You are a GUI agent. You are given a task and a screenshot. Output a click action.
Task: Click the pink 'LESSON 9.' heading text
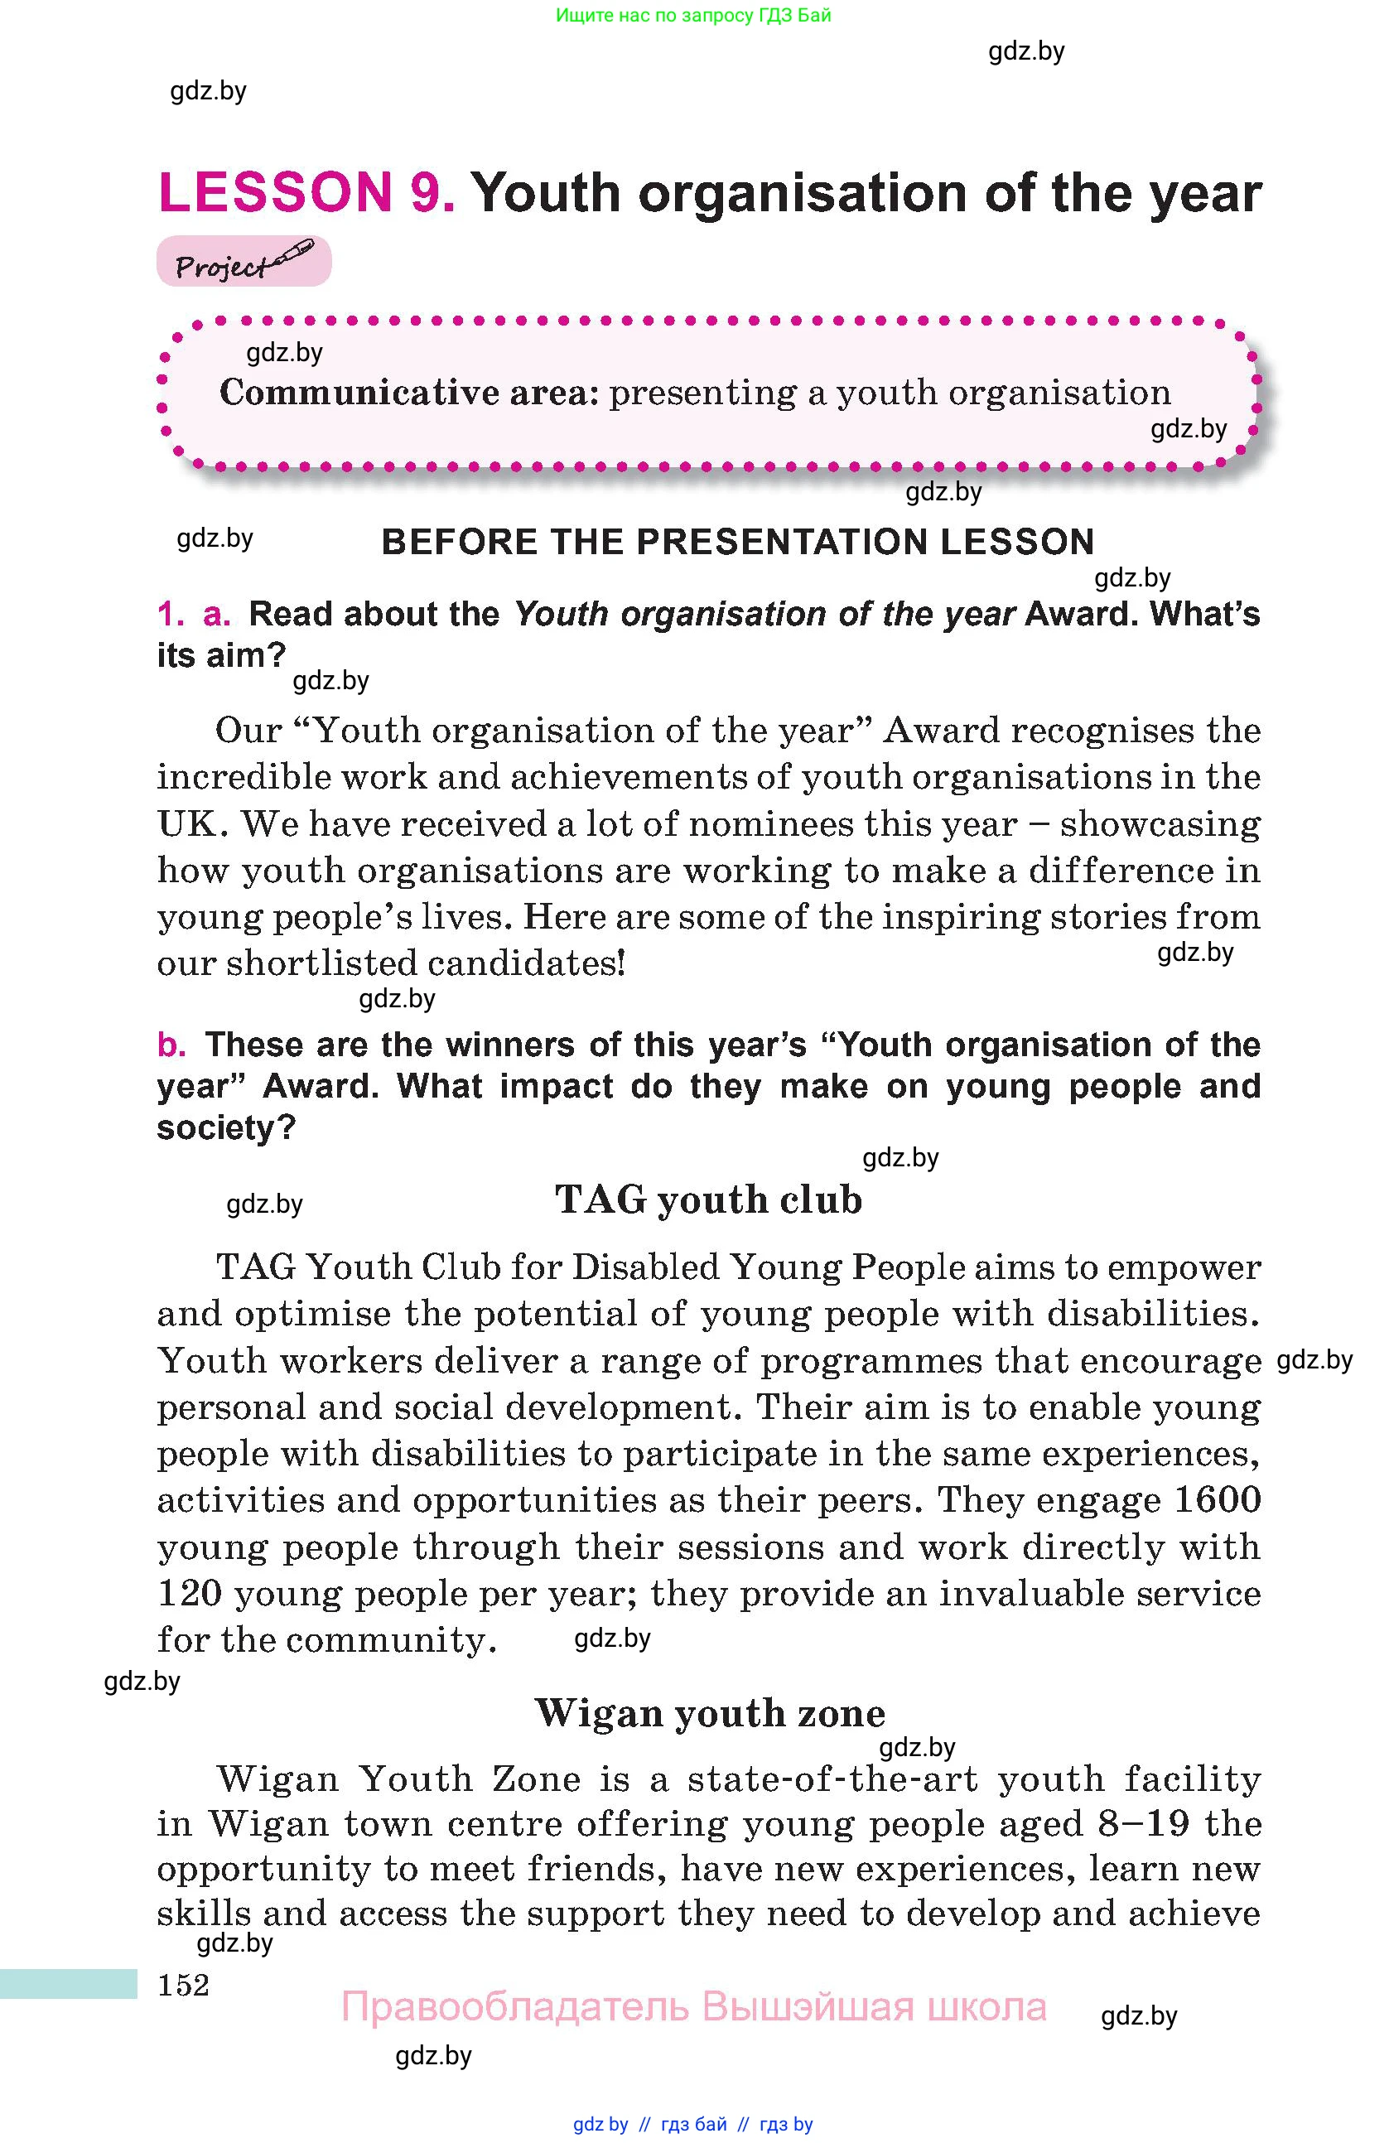coord(306,193)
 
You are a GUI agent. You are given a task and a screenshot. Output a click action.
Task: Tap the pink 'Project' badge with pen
coord(243,262)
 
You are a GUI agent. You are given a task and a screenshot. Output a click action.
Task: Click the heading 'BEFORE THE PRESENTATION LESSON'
coord(737,542)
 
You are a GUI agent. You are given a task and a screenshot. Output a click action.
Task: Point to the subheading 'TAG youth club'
coord(708,1199)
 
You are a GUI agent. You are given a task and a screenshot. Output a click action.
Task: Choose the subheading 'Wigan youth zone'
coord(709,1712)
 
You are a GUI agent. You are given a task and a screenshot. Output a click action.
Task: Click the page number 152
coord(183,1985)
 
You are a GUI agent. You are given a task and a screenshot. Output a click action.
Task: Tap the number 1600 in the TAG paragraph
coord(1217,1500)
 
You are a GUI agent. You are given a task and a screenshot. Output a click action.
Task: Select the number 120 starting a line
coord(189,1593)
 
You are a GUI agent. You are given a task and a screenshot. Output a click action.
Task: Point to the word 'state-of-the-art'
coord(832,1779)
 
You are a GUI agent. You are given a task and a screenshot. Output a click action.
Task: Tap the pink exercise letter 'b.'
coord(171,1045)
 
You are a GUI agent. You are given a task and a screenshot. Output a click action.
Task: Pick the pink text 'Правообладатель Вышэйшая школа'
coord(693,2007)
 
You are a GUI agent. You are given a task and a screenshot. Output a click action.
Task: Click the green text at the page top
coord(693,15)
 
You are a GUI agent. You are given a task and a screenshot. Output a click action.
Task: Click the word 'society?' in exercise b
coord(226,1127)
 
